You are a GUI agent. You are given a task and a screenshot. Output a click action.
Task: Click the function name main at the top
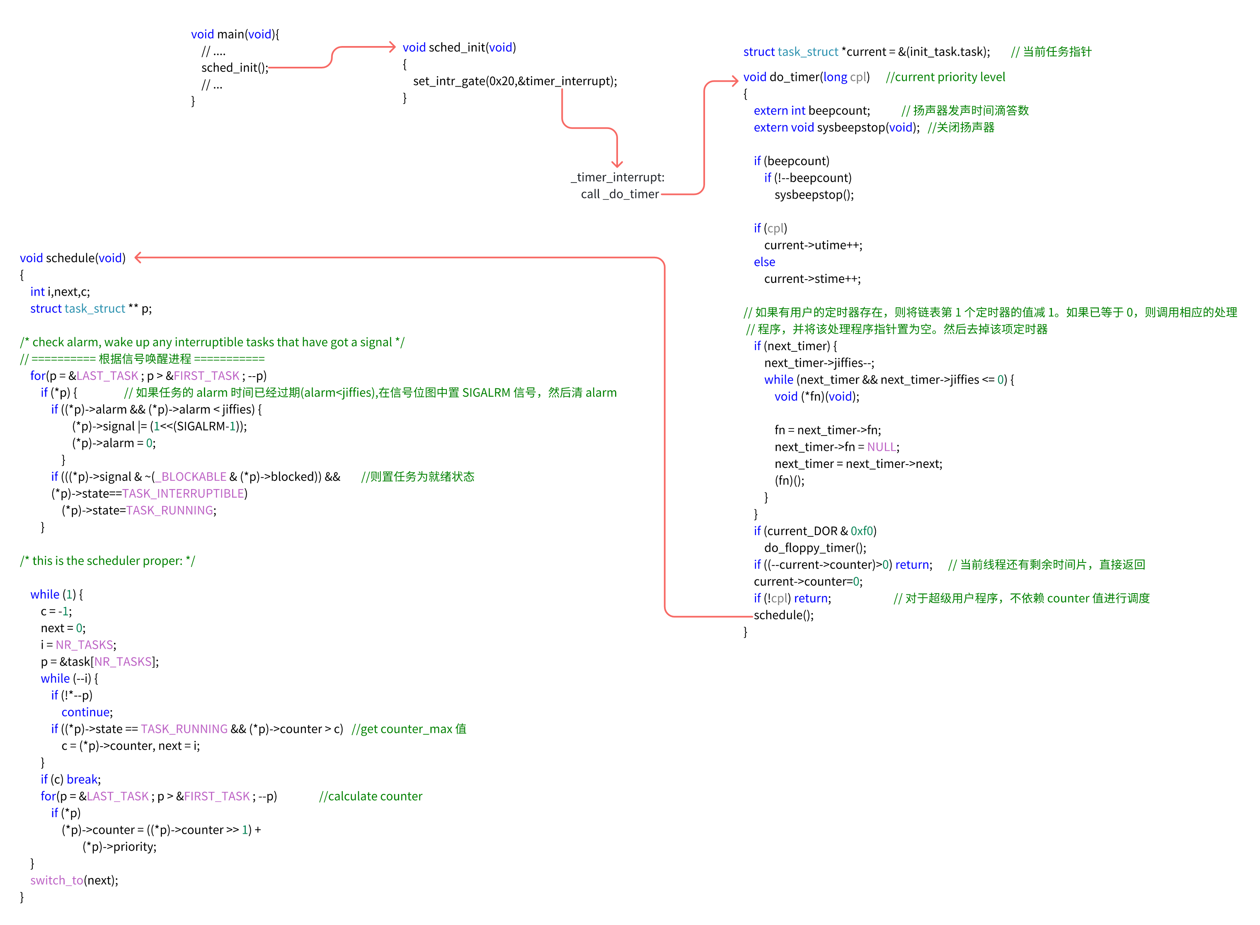coord(230,34)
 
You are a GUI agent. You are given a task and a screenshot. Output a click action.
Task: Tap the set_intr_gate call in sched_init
coord(515,81)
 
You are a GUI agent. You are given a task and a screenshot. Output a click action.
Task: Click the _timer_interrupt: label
coord(617,178)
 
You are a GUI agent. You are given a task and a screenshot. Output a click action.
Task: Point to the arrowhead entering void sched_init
coord(392,47)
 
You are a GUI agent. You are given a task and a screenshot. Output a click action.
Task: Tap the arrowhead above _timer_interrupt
coord(617,163)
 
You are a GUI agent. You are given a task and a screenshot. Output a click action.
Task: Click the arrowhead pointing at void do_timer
coord(734,81)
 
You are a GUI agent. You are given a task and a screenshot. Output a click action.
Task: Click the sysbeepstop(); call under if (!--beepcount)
coord(814,195)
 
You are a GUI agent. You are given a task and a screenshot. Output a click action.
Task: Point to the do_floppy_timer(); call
coord(814,548)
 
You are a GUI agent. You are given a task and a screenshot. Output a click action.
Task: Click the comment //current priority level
coord(945,77)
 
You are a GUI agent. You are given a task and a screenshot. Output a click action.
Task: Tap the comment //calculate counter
coord(371,796)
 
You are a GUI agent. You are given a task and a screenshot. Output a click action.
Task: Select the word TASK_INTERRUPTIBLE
coord(183,493)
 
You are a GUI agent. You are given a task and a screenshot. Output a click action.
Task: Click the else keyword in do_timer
coord(764,262)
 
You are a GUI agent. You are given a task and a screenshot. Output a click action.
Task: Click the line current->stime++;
coord(812,279)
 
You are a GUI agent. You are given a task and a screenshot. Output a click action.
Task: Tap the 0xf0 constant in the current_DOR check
coord(862,531)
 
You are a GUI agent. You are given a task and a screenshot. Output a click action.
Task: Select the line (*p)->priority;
coord(119,847)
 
